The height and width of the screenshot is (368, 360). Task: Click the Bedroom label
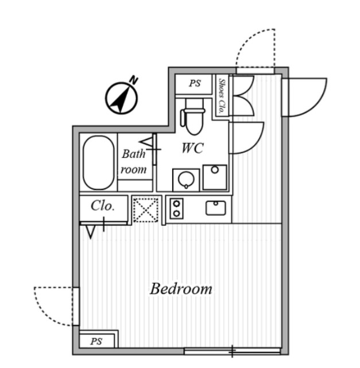click(181, 289)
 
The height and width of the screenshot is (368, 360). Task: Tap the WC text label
click(192, 148)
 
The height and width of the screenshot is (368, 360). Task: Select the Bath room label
click(134, 162)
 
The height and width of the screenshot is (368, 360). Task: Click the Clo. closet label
click(103, 206)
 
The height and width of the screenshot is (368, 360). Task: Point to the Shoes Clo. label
click(221, 95)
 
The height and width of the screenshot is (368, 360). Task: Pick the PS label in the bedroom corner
click(96, 341)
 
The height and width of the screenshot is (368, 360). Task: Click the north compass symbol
click(121, 98)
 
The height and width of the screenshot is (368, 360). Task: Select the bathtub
click(98, 163)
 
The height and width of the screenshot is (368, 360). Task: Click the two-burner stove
click(176, 208)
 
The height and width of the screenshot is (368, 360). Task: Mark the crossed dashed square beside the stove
click(145, 210)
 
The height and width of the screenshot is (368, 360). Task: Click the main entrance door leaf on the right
click(304, 96)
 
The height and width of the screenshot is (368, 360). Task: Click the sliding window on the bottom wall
click(232, 350)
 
